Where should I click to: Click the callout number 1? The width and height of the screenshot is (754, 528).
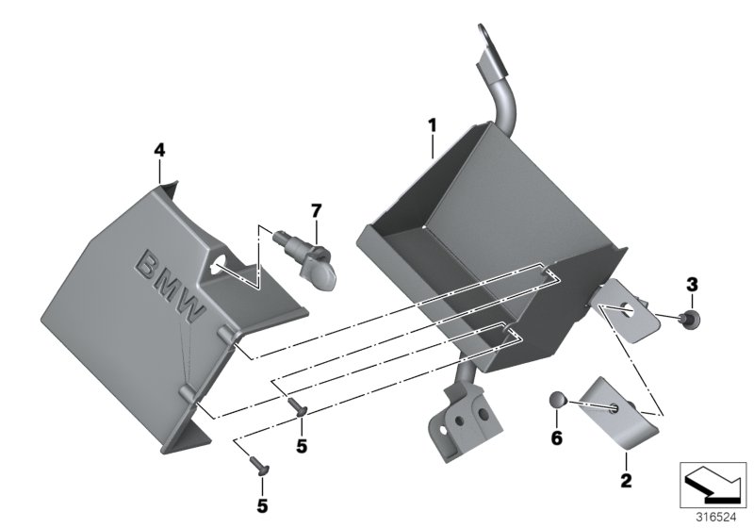[x=433, y=124]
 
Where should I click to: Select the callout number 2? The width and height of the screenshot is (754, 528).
[x=624, y=481]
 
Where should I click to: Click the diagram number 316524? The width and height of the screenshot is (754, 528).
[x=713, y=517]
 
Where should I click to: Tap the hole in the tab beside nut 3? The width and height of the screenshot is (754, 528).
[x=626, y=306]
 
